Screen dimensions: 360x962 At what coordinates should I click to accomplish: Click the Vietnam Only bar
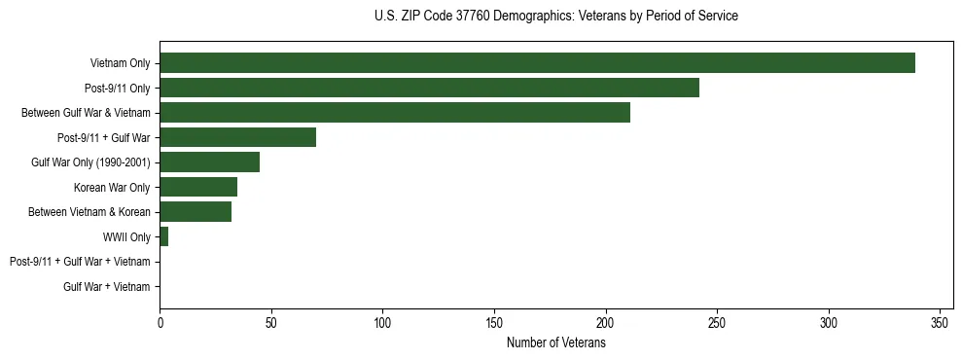[537, 63]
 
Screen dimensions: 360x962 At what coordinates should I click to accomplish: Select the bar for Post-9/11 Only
[429, 88]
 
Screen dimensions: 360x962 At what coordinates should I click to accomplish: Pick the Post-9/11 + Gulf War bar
[237, 137]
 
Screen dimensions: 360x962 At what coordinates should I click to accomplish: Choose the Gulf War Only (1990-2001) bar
[209, 162]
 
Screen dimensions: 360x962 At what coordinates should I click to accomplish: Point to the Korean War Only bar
[198, 187]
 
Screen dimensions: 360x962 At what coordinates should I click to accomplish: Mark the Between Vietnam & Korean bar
[196, 212]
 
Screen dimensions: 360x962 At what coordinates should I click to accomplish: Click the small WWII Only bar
[164, 236]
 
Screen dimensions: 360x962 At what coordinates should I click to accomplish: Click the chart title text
[555, 17]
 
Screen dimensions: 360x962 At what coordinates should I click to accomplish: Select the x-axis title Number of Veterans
[555, 342]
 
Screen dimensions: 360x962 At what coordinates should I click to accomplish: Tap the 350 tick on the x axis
[940, 322]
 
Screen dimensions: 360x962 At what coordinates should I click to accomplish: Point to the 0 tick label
[160, 322]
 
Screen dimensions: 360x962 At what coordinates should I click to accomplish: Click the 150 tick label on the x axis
[494, 322]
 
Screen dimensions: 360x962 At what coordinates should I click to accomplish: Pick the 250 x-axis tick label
[717, 322]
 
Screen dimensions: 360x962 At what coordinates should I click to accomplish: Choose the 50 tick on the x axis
[271, 322]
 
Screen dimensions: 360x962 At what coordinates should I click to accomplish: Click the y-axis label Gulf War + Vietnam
[107, 286]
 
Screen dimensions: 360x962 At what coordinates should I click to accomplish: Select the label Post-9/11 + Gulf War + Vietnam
[80, 262]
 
